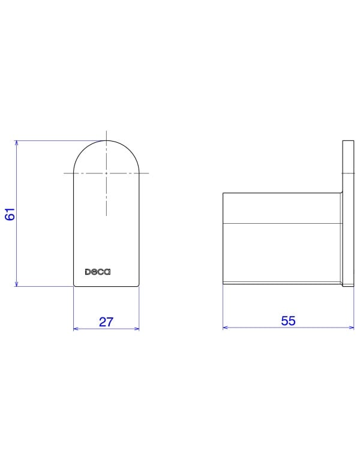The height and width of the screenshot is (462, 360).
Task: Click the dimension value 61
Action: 10,214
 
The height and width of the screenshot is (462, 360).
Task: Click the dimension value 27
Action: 106,322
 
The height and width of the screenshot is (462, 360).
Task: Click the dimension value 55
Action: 288,321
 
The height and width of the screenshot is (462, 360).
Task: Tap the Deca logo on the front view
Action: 98,272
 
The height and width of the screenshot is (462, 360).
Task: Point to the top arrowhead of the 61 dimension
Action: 16,143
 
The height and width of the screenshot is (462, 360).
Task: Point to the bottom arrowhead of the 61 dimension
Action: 16,284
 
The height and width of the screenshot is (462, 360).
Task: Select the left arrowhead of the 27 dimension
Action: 76,329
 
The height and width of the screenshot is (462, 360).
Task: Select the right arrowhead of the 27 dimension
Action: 136,329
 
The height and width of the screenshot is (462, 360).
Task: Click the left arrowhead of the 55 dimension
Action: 226,327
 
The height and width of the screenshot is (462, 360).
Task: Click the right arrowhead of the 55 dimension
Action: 352,327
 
